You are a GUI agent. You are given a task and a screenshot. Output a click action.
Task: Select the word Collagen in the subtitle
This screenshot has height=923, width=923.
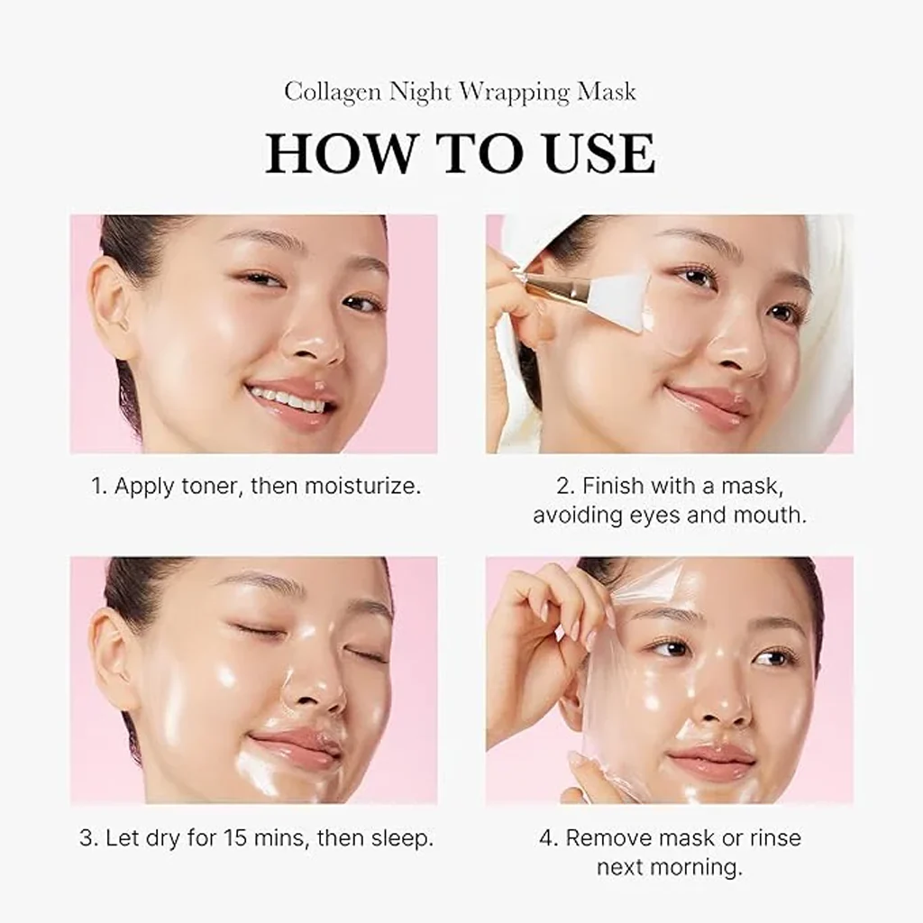tap(332, 92)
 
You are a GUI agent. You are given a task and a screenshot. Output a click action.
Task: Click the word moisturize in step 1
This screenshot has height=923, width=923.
tap(362, 487)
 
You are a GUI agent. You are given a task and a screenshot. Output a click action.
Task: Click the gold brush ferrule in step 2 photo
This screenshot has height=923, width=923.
tap(550, 288)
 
